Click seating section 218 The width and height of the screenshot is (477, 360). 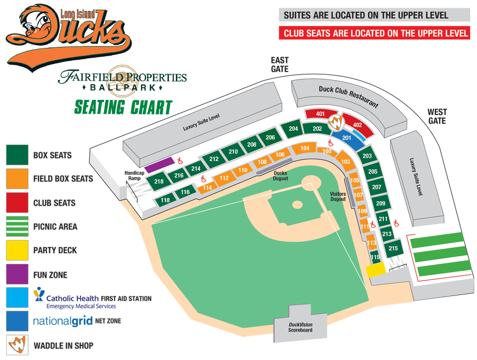coord(159,182)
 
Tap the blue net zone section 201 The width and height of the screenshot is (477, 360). coord(347,137)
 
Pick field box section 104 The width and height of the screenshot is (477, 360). coord(305,148)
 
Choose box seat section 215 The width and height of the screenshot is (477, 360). coord(393,248)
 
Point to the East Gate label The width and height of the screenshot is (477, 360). coord(280,65)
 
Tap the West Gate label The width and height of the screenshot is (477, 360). coord(436,116)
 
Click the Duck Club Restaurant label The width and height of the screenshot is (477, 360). coord(348,96)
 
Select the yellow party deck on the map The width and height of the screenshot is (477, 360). coord(375,269)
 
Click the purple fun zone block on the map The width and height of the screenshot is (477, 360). coord(159,165)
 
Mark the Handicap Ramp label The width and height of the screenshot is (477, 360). coord(133,175)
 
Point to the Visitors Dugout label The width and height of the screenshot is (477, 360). coord(338,196)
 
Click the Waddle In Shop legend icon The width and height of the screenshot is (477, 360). coord(17,345)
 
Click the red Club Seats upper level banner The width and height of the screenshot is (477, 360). coord(375,33)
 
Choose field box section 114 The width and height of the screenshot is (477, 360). coord(207,187)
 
